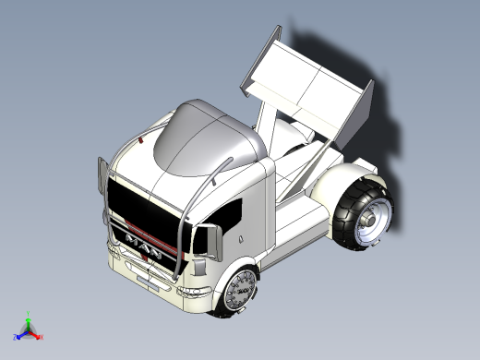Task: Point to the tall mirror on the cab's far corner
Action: coord(101,181)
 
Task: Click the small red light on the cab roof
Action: coord(140,140)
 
